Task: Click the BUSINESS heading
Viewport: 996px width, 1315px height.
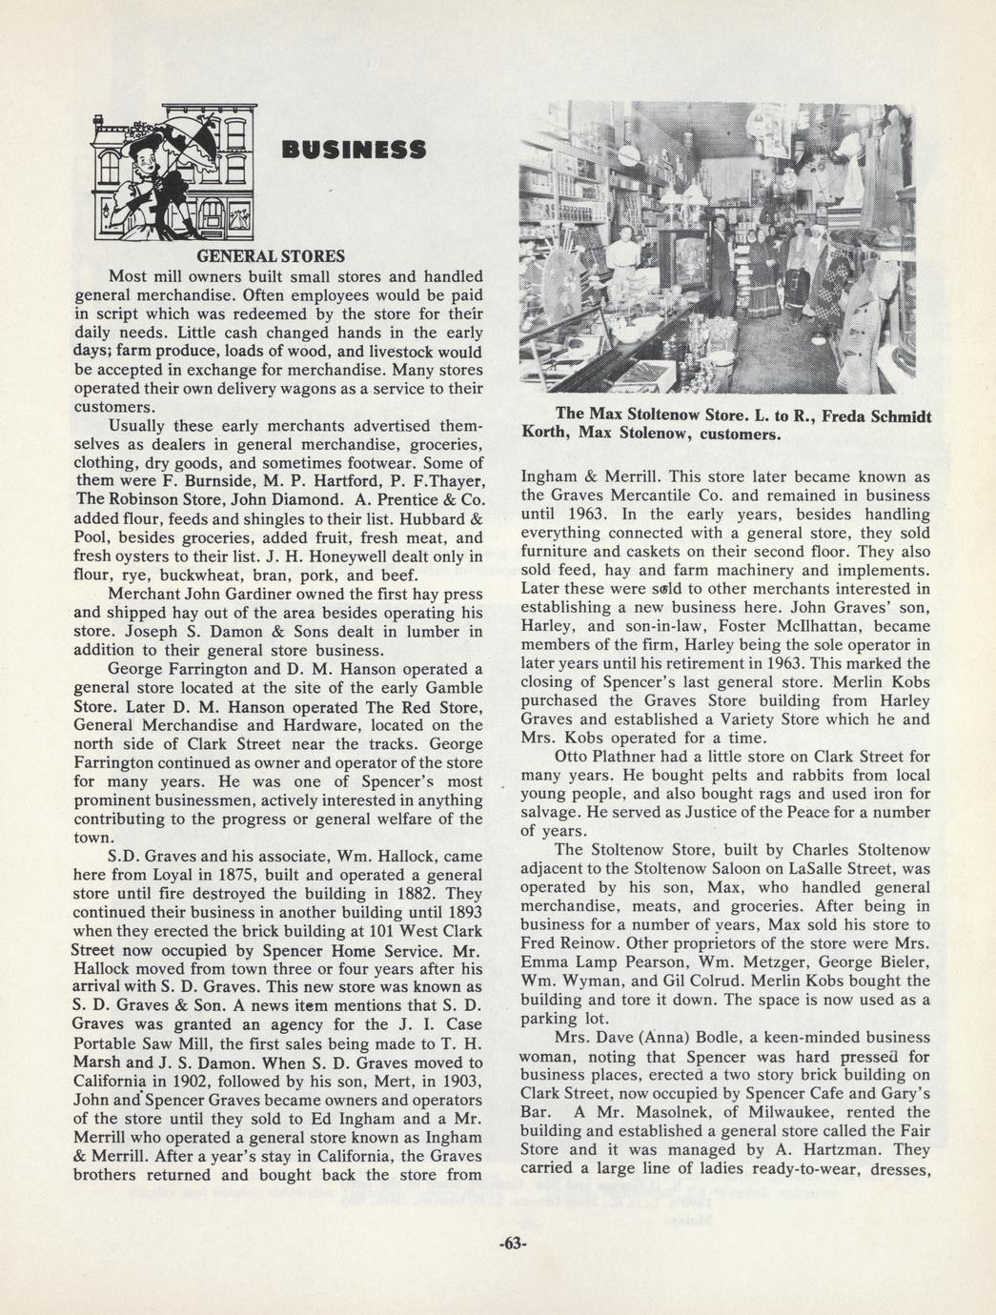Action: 353,151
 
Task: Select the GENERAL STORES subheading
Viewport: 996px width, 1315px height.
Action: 270,256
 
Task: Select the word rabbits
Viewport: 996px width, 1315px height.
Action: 799,775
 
